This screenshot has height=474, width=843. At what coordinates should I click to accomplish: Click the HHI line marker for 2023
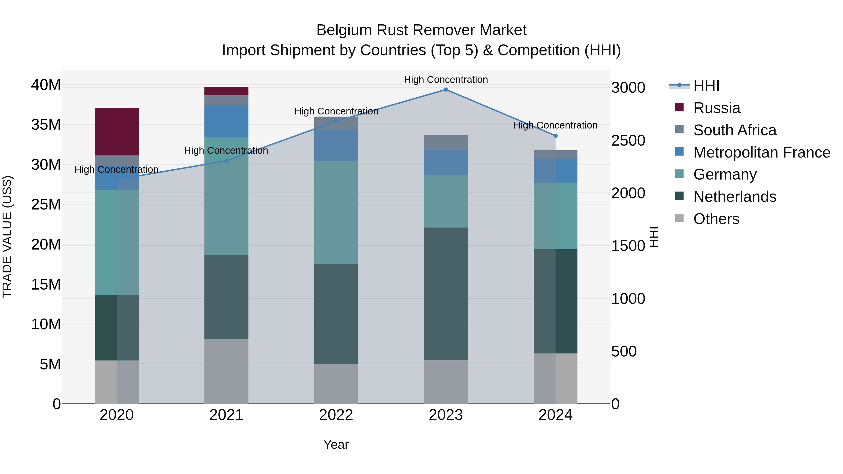tap(446, 90)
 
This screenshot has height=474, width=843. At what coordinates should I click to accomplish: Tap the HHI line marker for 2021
tap(226, 161)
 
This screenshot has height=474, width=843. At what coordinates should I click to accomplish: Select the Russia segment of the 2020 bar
tap(117, 132)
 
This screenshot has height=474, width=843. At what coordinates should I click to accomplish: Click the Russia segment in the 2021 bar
tap(226, 91)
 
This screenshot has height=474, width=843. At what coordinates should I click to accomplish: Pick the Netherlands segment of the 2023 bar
tap(446, 294)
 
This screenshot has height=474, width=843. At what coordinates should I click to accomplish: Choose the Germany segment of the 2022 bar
tap(336, 212)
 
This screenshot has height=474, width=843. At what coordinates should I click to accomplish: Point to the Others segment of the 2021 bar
tap(226, 371)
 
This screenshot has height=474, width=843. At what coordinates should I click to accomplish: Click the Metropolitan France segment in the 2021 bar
tap(226, 121)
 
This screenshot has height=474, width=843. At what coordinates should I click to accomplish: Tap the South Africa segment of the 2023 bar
tap(446, 143)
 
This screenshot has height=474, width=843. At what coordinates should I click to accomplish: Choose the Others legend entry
tap(716, 219)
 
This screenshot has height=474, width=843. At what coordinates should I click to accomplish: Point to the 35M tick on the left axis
tap(46, 125)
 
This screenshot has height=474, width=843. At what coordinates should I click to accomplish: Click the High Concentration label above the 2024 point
tap(555, 125)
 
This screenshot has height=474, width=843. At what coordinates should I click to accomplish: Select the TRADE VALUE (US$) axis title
tap(7, 237)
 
